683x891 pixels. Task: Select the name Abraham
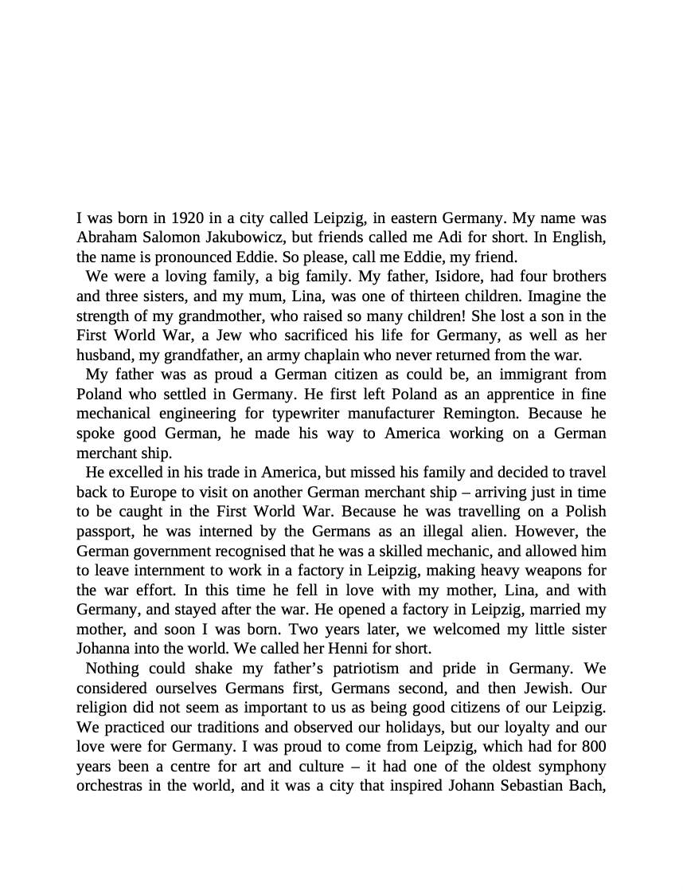pyautogui.click(x=107, y=237)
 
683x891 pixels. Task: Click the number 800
pyautogui.click(x=593, y=747)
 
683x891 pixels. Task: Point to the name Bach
pyautogui.click(x=587, y=786)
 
